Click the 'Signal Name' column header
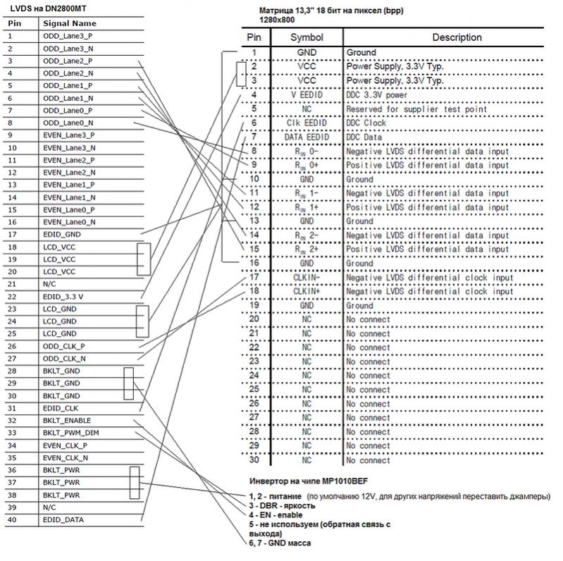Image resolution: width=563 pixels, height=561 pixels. click(70, 23)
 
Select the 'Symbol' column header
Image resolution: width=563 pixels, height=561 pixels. click(307, 37)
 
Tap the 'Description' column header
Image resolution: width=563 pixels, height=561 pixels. click(457, 37)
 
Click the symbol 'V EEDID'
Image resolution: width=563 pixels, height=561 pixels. click(307, 94)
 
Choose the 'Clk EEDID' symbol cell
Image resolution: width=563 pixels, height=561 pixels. click(307, 123)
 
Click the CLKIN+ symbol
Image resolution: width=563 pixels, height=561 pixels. click(307, 291)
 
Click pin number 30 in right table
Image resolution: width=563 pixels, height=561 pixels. click(255, 460)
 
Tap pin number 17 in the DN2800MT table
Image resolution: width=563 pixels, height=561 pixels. click(11, 235)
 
